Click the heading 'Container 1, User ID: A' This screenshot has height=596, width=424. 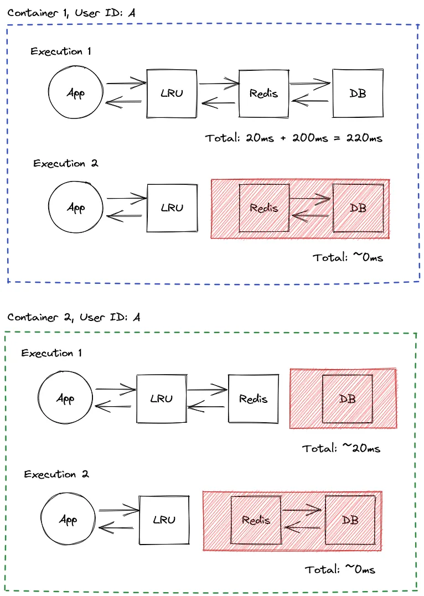[71, 13]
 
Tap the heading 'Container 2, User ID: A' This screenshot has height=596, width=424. [74, 318]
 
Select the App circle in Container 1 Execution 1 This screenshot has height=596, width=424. [75, 93]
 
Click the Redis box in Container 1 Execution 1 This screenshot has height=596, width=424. [263, 93]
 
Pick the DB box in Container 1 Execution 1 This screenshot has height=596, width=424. [358, 93]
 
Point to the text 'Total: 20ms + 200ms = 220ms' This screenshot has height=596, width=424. [294, 138]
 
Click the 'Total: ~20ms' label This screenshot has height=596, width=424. [342, 448]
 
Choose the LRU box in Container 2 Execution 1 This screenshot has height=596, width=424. [162, 398]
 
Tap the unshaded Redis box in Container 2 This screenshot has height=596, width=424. [253, 398]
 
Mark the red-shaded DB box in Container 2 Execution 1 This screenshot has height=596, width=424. [348, 398]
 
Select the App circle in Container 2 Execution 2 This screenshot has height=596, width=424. [68, 520]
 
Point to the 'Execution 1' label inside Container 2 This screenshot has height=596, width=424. [51, 353]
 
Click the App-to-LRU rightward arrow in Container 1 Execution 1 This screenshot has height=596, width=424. [125, 84]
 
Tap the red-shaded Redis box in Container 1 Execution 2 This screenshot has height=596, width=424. [263, 208]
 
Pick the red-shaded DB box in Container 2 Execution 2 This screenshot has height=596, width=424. [350, 520]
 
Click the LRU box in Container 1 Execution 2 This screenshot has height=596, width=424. [172, 208]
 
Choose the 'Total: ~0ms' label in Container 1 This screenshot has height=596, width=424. [348, 257]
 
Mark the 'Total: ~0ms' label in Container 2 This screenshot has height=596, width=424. [340, 569]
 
